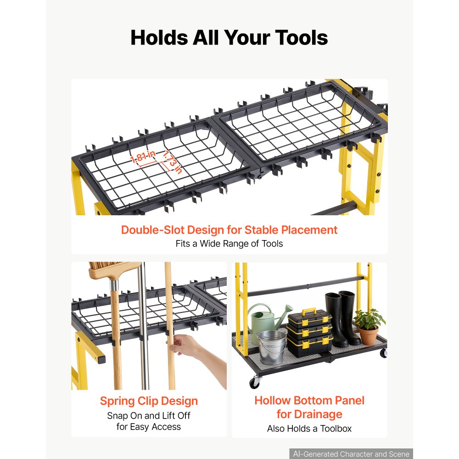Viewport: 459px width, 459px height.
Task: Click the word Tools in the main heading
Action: pyautogui.click(x=301, y=38)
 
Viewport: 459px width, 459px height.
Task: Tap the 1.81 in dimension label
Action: pyautogui.click(x=143, y=157)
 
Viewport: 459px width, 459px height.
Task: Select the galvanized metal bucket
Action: pyautogui.click(x=271, y=347)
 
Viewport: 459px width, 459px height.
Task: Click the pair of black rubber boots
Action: pyautogui.click(x=343, y=318)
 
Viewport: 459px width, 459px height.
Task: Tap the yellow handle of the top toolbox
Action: pyautogui.click(x=309, y=312)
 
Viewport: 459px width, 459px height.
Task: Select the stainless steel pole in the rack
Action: pyautogui.click(x=143, y=325)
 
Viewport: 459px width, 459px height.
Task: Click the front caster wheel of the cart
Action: pyautogui.click(x=254, y=383)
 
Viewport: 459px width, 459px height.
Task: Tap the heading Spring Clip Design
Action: pyautogui.click(x=149, y=401)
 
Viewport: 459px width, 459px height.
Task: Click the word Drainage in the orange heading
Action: pyautogui.click(x=309, y=414)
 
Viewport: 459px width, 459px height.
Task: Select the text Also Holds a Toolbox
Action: pyautogui.click(x=309, y=429)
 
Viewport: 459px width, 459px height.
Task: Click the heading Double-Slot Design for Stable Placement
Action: pyautogui.click(x=229, y=230)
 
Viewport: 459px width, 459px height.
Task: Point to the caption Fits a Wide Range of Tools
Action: pyautogui.click(x=229, y=244)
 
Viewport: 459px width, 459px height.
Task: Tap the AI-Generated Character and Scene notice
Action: pyautogui.click(x=351, y=454)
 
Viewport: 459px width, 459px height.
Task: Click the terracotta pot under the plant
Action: pyautogui.click(x=368, y=336)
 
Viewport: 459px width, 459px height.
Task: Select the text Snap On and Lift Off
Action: pyautogui.click(x=149, y=415)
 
